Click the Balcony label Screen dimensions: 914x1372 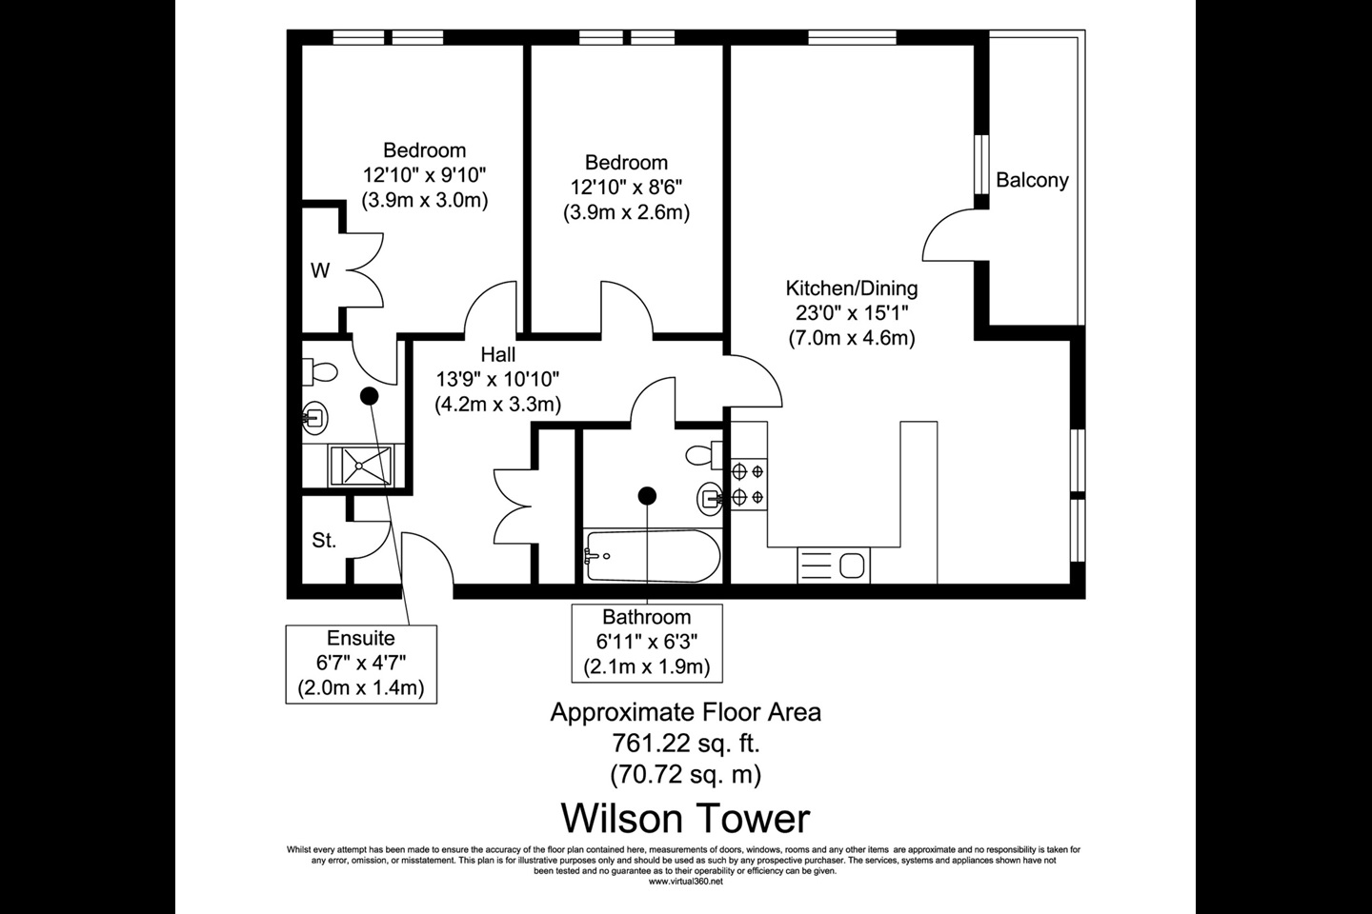[x=1032, y=180]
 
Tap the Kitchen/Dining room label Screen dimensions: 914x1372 [x=851, y=288]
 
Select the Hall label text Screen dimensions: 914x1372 [x=497, y=355]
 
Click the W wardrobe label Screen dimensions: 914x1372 [x=320, y=271]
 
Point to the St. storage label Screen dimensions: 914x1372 [x=324, y=541]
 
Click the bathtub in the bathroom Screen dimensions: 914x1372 [x=647, y=555]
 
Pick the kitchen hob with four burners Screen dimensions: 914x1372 [x=747, y=483]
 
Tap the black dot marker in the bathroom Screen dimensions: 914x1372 [x=648, y=494]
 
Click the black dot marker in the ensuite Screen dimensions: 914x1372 [x=369, y=395]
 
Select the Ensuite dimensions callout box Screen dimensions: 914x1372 [x=361, y=664]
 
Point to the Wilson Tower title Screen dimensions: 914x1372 [x=685, y=818]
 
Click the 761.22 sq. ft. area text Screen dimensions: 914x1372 [x=685, y=743]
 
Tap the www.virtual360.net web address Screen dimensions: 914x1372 [x=685, y=882]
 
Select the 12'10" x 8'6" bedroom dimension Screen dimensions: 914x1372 [x=626, y=187]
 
